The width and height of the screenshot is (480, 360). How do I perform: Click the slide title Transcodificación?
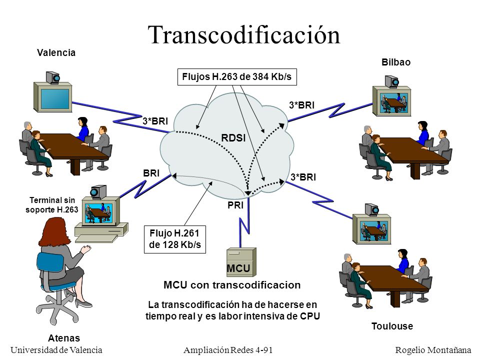coord(244,35)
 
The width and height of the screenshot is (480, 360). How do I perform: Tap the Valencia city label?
coord(56,52)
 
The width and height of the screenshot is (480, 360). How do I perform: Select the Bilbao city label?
coord(396,62)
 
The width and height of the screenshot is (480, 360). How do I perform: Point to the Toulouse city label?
coord(392,326)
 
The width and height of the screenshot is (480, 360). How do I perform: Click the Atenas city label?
coord(64,338)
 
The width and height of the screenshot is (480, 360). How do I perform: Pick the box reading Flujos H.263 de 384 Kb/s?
coord(237,77)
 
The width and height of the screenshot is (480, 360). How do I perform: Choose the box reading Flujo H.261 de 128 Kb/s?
coord(175,239)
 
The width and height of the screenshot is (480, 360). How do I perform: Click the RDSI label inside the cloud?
coord(233,138)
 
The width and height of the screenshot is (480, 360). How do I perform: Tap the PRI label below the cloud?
coord(235,205)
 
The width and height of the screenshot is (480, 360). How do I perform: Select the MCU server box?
coord(241,262)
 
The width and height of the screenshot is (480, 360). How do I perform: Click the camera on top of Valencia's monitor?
coord(52,77)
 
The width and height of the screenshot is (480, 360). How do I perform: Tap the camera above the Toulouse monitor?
coord(372,209)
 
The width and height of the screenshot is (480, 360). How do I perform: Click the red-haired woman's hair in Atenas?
coord(55,232)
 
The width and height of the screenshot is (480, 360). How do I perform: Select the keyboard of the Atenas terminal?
coord(96,238)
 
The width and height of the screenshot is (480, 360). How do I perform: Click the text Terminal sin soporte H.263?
coord(51,205)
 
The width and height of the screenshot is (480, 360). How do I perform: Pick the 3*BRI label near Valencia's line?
coord(155,121)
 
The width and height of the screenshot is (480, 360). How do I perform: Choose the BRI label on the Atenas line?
coord(151,173)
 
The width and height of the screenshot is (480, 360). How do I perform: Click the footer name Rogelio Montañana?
coord(433,350)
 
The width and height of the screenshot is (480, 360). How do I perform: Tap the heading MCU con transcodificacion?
coord(232,285)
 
